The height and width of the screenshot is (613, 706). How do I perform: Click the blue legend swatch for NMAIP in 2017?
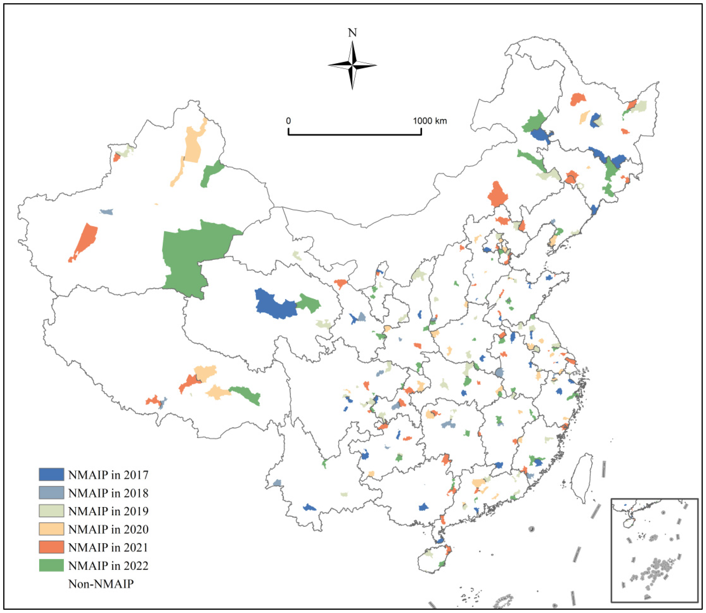(x=51, y=474)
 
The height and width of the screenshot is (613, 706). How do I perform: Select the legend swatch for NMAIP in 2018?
(x=51, y=493)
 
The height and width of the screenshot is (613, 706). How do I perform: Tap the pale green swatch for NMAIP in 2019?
(x=51, y=511)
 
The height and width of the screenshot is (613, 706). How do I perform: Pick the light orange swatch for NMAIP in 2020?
(x=51, y=529)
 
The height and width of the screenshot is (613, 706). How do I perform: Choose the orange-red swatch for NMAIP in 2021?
(x=51, y=547)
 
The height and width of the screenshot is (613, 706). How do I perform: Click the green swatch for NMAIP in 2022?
(x=51, y=565)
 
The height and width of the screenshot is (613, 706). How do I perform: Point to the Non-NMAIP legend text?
(x=101, y=583)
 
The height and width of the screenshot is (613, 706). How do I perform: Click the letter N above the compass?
(x=352, y=33)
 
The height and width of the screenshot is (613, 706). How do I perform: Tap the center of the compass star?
(x=352, y=65)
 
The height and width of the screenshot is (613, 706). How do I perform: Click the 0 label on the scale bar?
(x=288, y=121)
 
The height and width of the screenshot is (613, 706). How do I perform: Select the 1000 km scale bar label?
(x=430, y=121)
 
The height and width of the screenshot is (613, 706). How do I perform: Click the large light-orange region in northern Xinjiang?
(x=193, y=145)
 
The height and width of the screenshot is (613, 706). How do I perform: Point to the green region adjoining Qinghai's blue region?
(x=309, y=302)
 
